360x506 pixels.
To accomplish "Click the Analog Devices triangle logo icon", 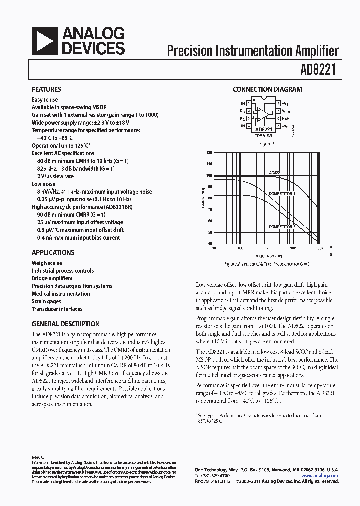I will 44,41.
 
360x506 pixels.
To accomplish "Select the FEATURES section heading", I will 46,89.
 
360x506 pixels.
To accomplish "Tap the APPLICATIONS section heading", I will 53,252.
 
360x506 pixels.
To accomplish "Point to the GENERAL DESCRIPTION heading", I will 65,323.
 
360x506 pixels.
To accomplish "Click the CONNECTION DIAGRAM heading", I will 267,89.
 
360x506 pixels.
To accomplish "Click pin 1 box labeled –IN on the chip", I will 248,103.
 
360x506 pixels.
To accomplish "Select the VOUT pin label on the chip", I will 286,111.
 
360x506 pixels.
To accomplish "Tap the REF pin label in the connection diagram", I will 285,119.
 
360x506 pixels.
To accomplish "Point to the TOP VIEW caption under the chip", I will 263,136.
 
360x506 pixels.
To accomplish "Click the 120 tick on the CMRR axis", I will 209,152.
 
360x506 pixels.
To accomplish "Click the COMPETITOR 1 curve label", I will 282,193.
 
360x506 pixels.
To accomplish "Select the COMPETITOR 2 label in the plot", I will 282,227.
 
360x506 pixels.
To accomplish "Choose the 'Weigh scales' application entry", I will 47,263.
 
